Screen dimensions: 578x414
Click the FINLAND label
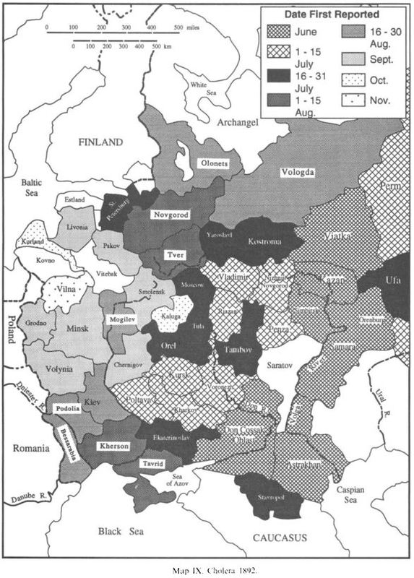pos(101,143)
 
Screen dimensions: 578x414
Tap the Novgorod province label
pos(171,215)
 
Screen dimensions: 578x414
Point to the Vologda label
pos(298,172)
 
